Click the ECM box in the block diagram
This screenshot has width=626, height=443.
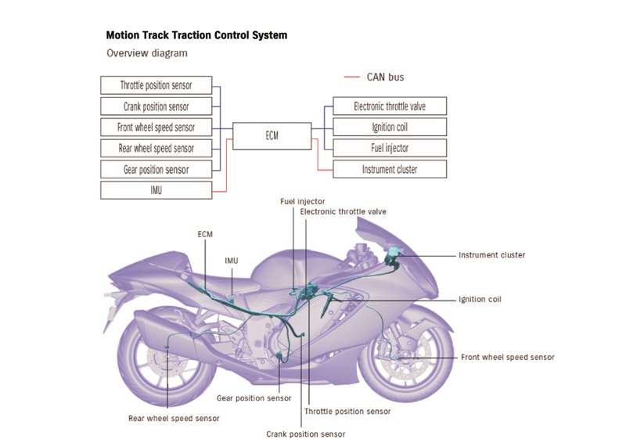[272, 135]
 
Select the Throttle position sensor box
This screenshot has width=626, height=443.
[156, 85]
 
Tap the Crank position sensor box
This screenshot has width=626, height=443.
[156, 106]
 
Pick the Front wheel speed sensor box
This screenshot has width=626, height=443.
[156, 127]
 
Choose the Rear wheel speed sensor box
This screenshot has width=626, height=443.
[156, 148]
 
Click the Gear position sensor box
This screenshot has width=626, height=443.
[156, 169]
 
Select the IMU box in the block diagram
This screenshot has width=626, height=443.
[156, 189]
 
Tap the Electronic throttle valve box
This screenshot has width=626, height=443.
[390, 106]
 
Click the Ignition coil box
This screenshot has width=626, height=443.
[390, 127]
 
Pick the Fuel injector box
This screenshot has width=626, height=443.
[390, 148]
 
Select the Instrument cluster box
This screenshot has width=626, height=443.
[390, 169]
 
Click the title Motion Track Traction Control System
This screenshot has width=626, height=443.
[196, 36]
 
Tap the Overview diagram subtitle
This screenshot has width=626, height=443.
[147, 53]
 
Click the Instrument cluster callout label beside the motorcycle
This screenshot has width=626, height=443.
[491, 255]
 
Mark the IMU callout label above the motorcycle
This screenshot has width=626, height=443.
[232, 261]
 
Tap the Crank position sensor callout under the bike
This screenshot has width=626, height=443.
[305, 434]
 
